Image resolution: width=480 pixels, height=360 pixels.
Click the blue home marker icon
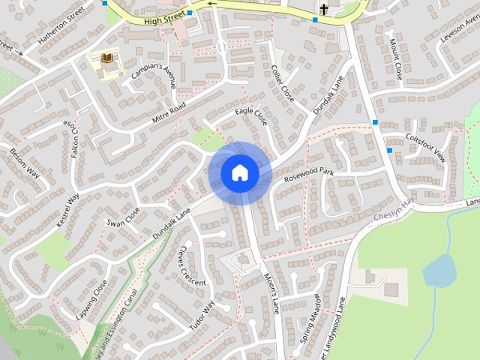239,173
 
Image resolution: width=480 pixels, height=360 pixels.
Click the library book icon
106,58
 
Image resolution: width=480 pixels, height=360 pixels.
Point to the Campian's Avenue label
154,74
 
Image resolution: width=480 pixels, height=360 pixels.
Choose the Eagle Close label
250,116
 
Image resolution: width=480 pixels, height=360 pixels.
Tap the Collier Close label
283,84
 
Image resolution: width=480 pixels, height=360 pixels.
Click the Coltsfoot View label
425,147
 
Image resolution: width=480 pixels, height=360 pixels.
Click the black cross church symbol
324,9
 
